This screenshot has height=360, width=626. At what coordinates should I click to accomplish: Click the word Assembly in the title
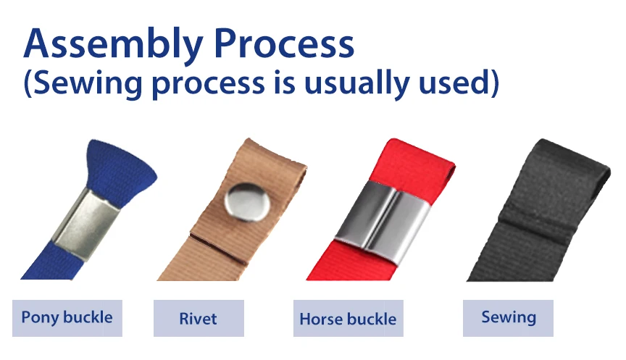[x=113, y=43]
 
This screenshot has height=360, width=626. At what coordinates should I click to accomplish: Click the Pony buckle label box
[x=67, y=318]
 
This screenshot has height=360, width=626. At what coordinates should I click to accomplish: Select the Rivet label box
[x=199, y=318]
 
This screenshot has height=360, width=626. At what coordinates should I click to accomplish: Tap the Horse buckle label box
[x=348, y=318]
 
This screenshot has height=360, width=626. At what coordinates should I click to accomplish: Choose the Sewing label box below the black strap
[x=508, y=318]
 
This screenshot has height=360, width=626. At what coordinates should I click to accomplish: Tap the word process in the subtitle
[x=209, y=85]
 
